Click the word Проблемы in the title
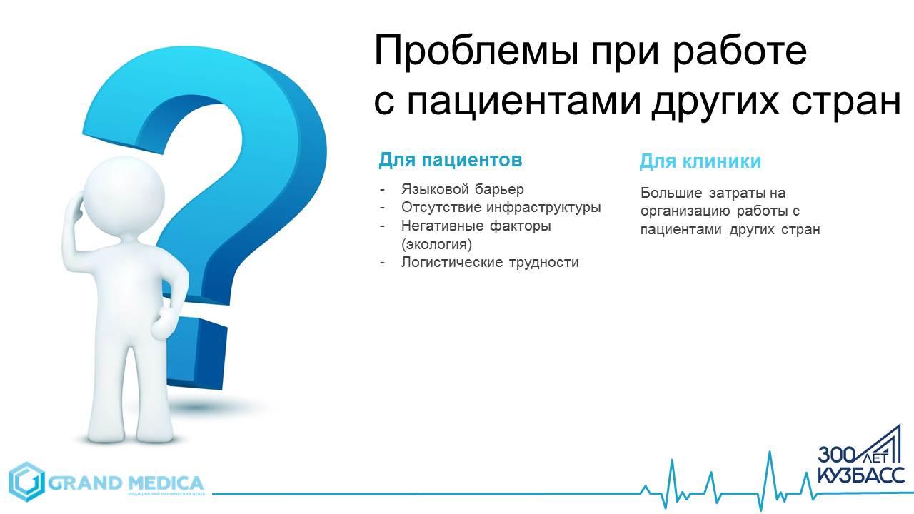coord(476,51)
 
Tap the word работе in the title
coord(739,50)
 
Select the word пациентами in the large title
coord(524,102)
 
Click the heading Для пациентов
coord(451,160)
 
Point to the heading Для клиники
coord(700,161)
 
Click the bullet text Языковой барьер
coord(462,190)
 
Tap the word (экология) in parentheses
coord(436,244)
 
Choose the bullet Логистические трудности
coord(490,262)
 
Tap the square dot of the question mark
coord(196,352)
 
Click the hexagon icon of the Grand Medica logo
coord(26,482)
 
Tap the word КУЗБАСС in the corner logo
coord(861,475)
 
